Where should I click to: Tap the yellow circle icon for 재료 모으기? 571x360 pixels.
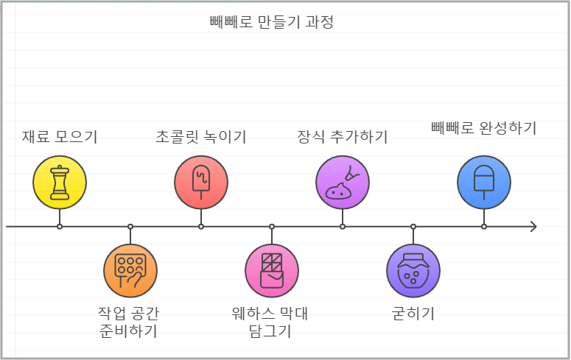(x=60, y=183)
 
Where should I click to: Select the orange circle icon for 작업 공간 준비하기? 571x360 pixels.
(x=130, y=270)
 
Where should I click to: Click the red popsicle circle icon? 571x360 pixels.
(x=201, y=183)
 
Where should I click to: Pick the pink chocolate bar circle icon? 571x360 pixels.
(x=272, y=270)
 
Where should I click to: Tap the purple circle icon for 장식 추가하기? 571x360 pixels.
(x=343, y=183)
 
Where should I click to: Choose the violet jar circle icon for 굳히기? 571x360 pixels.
(x=413, y=270)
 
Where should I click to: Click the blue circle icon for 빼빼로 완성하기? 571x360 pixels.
(x=484, y=183)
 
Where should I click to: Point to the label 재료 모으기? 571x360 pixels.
(x=60, y=136)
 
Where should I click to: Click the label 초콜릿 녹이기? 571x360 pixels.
(x=201, y=136)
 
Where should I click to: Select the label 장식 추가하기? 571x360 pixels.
(x=343, y=136)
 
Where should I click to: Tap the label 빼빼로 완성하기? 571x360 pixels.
(x=483, y=127)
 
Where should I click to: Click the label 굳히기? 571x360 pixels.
(x=413, y=314)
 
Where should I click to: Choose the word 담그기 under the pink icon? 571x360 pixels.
(x=271, y=331)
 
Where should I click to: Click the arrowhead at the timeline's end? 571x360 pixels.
(x=533, y=227)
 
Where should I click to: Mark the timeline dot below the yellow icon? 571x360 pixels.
(x=60, y=227)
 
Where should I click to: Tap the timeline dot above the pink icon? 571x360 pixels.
(x=272, y=227)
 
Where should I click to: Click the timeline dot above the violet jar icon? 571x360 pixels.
(x=413, y=227)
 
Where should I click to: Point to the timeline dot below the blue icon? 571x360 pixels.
(x=484, y=227)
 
